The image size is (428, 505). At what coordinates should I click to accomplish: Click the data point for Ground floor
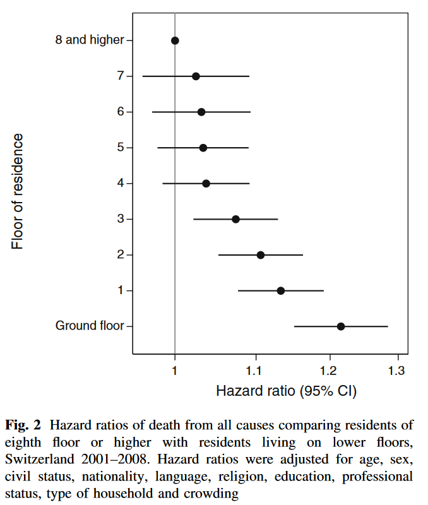pos(341,326)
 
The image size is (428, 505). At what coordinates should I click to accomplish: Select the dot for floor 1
pos(281,291)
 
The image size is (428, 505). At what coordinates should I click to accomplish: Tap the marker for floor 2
pos(261,255)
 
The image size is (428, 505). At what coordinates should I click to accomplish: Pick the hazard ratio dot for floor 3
pos(236,219)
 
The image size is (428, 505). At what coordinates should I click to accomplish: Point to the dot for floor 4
pos(206,184)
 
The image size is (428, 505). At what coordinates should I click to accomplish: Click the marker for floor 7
pos(196,76)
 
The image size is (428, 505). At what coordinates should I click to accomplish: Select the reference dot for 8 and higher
pos(175,40)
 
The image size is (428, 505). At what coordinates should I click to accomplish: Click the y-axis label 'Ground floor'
pos(90,326)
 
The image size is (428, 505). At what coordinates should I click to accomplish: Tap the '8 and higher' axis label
pos(90,40)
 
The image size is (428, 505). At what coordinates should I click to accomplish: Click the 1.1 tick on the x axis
pos(255,369)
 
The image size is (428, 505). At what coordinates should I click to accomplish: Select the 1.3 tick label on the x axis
pos(397,369)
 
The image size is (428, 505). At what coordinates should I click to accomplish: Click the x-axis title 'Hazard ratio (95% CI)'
pos(286,391)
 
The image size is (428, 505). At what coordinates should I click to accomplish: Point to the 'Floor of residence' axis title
pos(18,191)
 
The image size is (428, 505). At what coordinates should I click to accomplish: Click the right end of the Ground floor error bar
pos(388,326)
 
